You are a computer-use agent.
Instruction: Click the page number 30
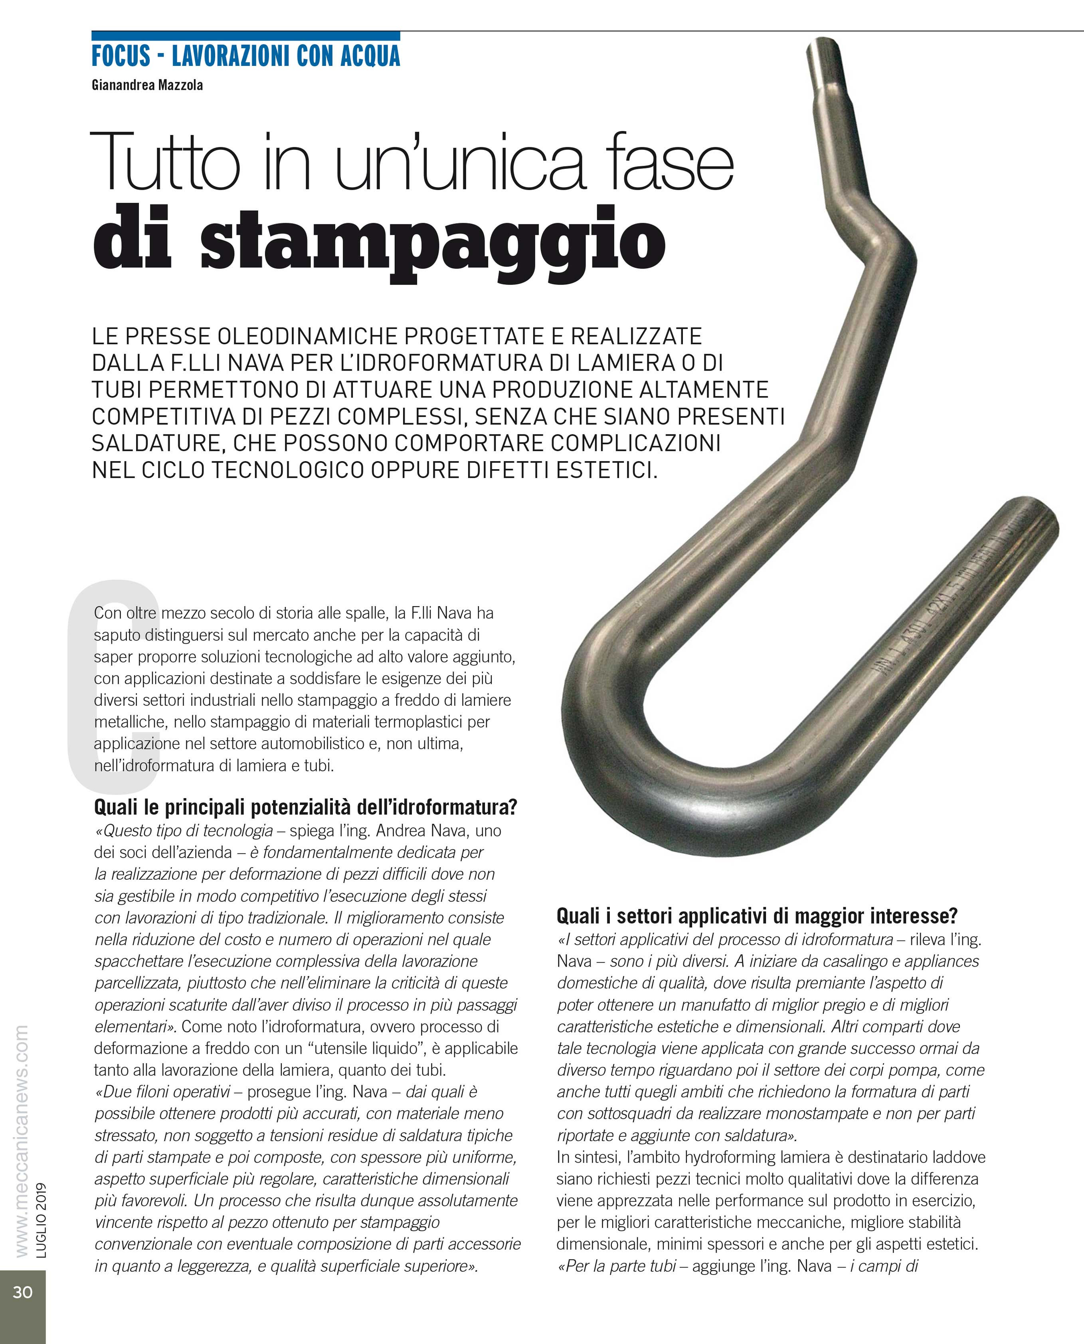pyautogui.click(x=22, y=1292)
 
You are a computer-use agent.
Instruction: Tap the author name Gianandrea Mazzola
pyautogui.click(x=147, y=85)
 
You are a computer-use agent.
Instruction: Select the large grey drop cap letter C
pyautogui.click(x=113, y=687)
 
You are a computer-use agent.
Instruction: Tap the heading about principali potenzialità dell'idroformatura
pyautogui.click(x=305, y=807)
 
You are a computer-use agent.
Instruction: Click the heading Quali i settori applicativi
pyautogui.click(x=757, y=916)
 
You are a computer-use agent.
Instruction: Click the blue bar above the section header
pyautogui.click(x=245, y=36)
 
